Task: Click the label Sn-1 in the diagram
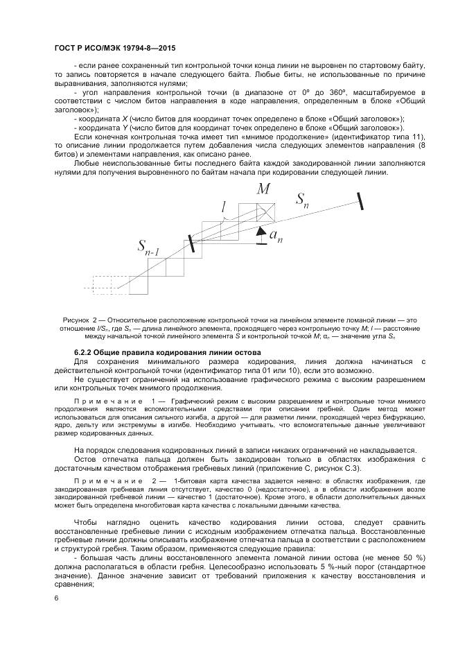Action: pos(151,247)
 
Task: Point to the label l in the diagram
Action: pos(223,207)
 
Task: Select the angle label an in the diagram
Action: pos(275,236)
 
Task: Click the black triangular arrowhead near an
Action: pos(261,232)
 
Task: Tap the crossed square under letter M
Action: pos(265,212)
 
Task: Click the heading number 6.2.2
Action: pos(85,353)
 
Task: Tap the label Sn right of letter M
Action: pos(303,200)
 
